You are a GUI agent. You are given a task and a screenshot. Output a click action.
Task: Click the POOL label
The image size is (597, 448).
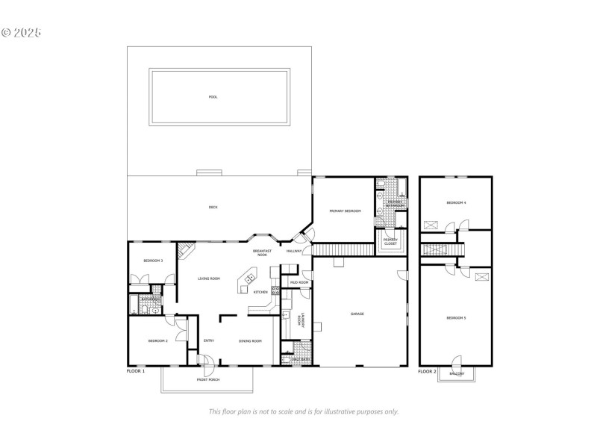tap(213, 97)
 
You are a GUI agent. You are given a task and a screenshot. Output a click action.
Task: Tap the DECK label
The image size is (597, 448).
tap(213, 207)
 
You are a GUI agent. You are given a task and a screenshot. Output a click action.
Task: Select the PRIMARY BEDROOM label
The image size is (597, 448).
tap(345, 211)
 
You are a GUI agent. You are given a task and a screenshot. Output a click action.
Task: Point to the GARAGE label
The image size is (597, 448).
tap(357, 314)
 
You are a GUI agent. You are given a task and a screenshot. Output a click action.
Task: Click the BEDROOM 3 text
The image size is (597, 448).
tap(153, 261)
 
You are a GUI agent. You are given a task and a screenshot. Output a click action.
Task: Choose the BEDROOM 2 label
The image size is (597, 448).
tap(157, 340)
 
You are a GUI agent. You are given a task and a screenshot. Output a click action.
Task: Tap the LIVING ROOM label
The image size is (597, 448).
tap(209, 279)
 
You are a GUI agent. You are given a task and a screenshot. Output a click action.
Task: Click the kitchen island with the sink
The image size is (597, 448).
tap(246, 283)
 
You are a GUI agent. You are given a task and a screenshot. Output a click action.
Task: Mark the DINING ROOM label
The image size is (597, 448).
tap(250, 340)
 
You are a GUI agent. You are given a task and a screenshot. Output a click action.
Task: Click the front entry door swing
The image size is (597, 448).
tap(207, 364)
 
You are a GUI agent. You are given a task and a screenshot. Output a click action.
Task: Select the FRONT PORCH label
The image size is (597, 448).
tap(208, 380)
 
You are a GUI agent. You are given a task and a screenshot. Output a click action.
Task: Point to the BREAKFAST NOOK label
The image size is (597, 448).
tap(260, 253)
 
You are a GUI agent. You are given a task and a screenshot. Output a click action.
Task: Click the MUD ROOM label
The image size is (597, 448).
tap(299, 283)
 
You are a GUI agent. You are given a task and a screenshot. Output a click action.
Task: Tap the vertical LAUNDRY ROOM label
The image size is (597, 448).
tap(298, 320)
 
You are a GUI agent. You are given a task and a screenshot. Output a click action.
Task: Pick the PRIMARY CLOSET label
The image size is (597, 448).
tap(390, 241)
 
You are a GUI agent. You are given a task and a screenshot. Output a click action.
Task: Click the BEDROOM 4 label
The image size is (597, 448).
tap(456, 202)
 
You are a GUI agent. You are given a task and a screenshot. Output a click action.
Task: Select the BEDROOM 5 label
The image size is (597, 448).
tap(456, 318)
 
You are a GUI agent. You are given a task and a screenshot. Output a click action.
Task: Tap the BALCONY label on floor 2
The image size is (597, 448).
tap(456, 373)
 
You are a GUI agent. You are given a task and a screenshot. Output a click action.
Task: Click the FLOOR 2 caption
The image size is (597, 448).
tap(427, 371)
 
